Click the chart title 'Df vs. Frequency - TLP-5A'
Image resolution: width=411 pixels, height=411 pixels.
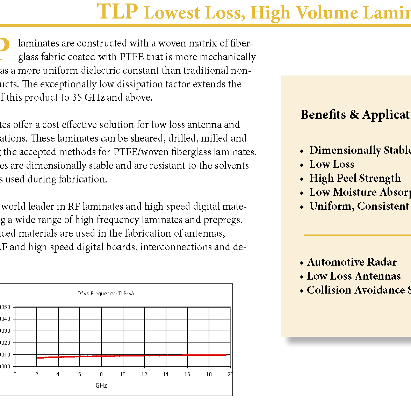pos(106,294)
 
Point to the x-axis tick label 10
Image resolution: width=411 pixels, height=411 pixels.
pos(123,374)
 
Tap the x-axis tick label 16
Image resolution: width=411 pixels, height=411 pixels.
pos(187,374)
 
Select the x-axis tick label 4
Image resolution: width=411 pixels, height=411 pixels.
pos(58,374)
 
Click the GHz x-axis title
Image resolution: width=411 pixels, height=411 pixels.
pos(101,385)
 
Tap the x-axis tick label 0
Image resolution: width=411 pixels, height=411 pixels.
pos(15,374)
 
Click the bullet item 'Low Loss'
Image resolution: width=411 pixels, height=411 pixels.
pos(332,164)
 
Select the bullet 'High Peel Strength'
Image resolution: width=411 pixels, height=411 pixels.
pos(355,178)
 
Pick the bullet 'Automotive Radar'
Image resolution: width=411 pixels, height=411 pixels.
pos(352,262)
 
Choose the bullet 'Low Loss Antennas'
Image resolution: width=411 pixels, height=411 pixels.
pos(353,276)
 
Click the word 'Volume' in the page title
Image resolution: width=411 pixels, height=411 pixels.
pos(326,13)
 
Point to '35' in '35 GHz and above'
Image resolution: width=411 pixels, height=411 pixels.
pos(77,98)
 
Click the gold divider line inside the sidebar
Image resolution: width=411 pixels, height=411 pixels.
pos(356,235)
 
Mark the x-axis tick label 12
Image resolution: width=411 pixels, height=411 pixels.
pos(144,374)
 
